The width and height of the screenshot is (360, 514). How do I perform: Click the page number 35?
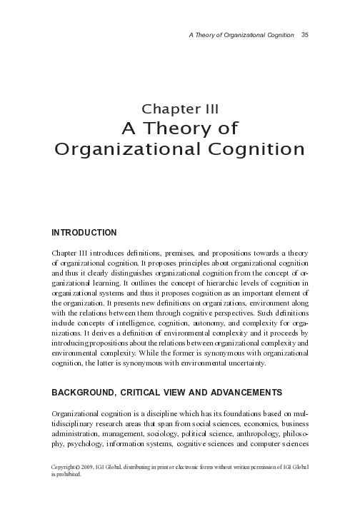(x=304, y=34)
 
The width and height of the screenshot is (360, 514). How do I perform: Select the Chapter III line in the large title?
(x=180, y=109)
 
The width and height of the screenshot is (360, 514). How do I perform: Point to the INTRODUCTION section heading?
(x=84, y=233)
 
